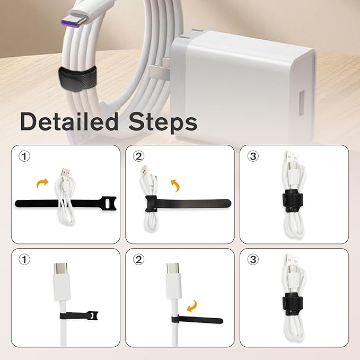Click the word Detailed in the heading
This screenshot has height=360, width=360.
pyautogui.click(x=69, y=121)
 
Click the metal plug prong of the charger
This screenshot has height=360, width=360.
pyautogui.click(x=159, y=73)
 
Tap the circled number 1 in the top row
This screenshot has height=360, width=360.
pyautogui.click(x=24, y=156)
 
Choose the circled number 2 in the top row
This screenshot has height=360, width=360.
pyautogui.click(x=139, y=156)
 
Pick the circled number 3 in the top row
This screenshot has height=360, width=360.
pyautogui.click(x=253, y=156)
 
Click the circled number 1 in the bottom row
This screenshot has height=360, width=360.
pyautogui.click(x=24, y=260)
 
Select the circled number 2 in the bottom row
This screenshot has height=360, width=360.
pyautogui.click(x=139, y=260)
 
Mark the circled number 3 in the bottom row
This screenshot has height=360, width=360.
pyautogui.click(x=253, y=260)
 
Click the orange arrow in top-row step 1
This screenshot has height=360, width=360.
pyautogui.click(x=42, y=183)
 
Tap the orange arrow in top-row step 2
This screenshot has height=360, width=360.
pyautogui.click(x=175, y=185)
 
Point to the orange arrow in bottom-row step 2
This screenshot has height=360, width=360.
pyautogui.click(x=192, y=306)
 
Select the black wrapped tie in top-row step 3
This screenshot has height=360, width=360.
pyautogui.click(x=292, y=201)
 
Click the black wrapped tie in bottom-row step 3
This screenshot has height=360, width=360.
pyautogui.click(x=292, y=304)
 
